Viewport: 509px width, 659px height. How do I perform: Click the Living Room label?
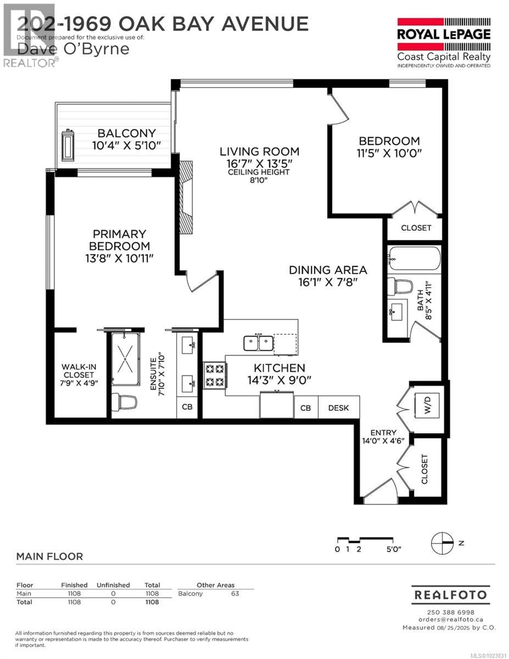259,152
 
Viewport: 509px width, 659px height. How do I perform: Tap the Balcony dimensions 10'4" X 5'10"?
126,146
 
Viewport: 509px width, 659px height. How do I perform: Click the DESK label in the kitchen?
338,408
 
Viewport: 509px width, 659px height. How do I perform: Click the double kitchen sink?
258,343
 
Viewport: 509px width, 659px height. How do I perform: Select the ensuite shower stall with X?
125,359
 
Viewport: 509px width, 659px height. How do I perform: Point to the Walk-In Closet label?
79,371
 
